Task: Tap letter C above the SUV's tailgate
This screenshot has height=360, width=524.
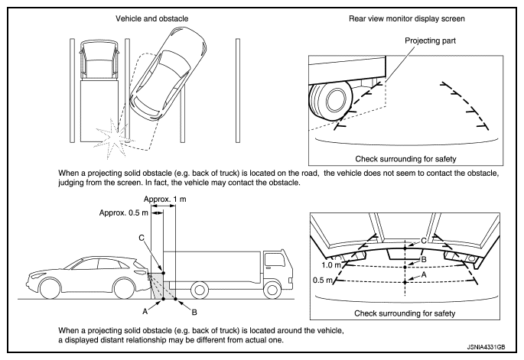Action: point(140,239)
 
